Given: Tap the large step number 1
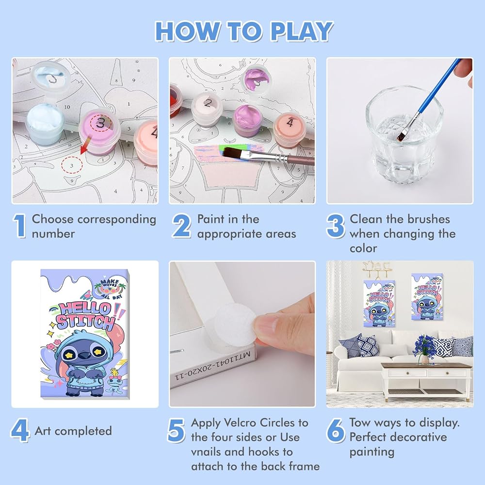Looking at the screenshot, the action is click(19, 226).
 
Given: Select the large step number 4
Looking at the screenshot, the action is click(20, 430).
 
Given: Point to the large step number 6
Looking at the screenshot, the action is click(336, 430).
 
